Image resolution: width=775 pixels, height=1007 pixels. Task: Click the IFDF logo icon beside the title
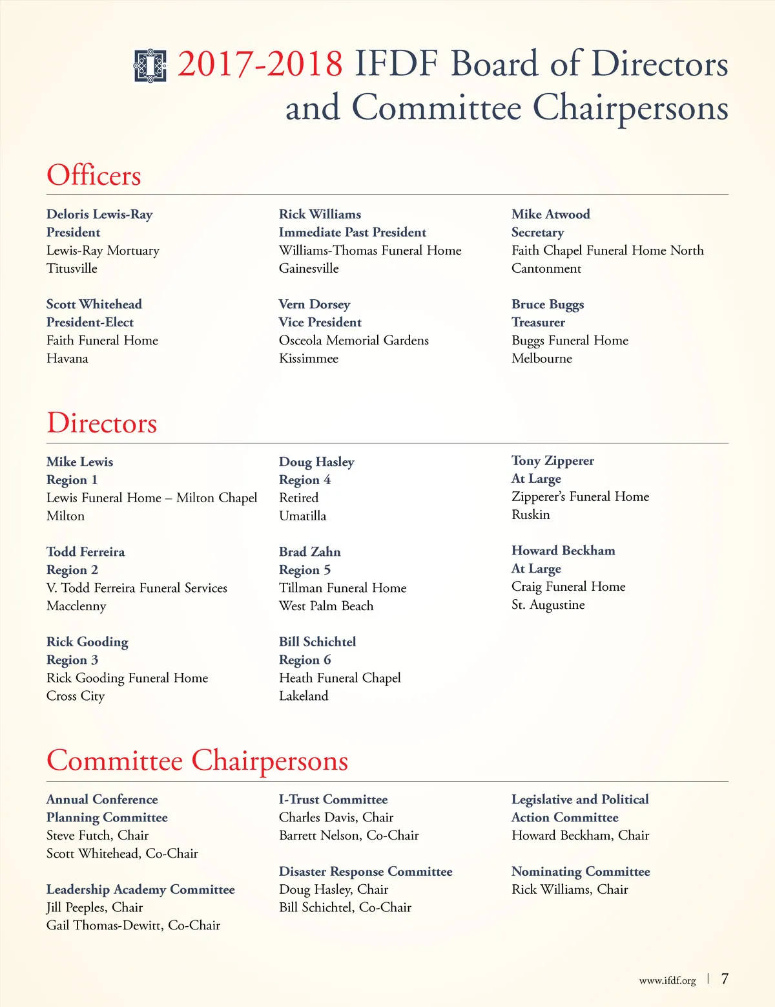pos(150,65)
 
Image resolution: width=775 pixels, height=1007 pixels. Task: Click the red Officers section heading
pos(94,175)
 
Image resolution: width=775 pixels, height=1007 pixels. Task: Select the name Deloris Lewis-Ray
pos(99,214)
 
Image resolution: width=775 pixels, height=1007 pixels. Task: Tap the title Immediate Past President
pos(353,232)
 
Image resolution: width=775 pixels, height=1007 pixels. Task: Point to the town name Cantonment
pos(546,268)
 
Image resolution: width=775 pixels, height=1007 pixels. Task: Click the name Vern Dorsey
pos(315,304)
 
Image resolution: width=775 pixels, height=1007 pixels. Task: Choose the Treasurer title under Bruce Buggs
pos(538,322)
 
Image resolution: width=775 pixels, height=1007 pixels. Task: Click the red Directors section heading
pos(102,423)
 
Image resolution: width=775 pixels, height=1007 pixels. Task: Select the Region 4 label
pos(305,480)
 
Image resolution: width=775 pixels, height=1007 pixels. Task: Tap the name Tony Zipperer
pos(553,460)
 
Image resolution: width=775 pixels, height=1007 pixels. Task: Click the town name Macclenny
pos(76,606)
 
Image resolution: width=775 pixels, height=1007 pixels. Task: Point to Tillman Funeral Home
pos(343,588)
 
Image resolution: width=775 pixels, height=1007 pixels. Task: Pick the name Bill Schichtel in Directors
pos(318,641)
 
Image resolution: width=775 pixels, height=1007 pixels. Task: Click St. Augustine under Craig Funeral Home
pos(548,604)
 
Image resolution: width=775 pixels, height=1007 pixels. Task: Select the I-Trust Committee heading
pos(333,799)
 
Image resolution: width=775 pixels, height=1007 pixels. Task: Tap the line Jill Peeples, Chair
pos(94,907)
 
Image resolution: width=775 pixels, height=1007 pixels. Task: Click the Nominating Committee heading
pos(581,871)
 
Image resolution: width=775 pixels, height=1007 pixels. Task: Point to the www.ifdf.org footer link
pos(667,980)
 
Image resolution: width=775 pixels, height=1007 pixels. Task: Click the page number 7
pos(725,979)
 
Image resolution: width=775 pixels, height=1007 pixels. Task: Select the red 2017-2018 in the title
pos(260,64)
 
